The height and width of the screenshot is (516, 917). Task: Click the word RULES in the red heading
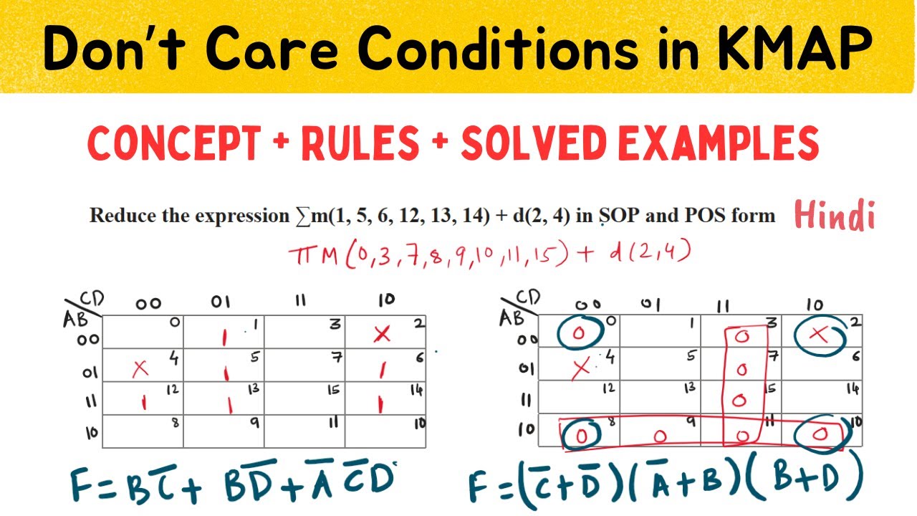(x=370, y=143)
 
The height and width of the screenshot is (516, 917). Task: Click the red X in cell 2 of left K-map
(x=382, y=334)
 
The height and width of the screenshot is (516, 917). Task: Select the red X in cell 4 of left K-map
(x=140, y=368)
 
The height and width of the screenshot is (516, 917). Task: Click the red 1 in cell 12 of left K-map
(x=143, y=403)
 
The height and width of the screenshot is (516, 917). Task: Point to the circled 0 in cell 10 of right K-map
(x=822, y=434)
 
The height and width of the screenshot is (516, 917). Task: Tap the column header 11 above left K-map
(x=301, y=301)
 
